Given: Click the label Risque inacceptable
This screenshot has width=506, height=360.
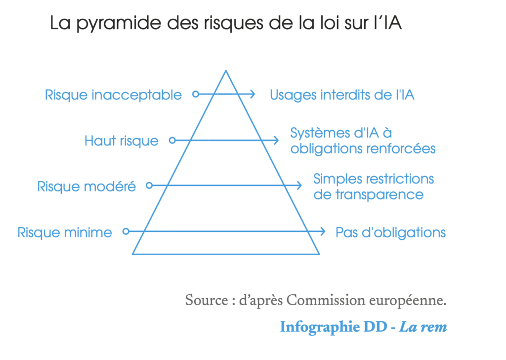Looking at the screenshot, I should tap(113, 95).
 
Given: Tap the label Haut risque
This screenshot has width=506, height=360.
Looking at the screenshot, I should tap(122, 141).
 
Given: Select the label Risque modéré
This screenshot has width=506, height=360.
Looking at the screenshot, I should tap(86, 187).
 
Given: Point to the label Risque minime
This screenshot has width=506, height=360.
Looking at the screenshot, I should tap(65, 232).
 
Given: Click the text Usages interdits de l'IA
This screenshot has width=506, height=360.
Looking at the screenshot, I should tap(342, 95).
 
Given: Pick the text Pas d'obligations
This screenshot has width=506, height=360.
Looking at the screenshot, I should tap(390, 232).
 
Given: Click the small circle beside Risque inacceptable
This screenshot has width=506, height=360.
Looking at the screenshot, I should tap(196, 93).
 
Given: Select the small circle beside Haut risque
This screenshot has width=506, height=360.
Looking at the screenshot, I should tap(172, 140).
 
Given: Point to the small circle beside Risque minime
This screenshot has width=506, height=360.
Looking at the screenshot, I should tap(126, 231).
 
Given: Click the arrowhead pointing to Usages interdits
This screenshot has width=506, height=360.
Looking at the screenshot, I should tap(253, 93).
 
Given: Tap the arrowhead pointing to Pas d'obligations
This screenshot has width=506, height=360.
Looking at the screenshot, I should tap(323, 231).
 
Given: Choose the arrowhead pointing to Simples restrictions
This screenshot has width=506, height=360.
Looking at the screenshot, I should tap(299, 185).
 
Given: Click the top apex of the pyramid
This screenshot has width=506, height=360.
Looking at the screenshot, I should tap(226, 71).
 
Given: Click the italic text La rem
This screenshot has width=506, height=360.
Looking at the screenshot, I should tap(423, 327).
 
